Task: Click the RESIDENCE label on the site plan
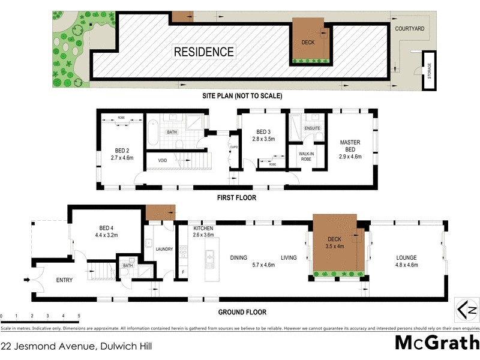(x=204, y=52)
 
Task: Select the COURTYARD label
(x=409, y=28)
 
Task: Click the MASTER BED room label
(x=350, y=146)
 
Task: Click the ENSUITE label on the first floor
(x=313, y=128)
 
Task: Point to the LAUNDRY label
(x=164, y=249)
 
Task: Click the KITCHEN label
(x=203, y=229)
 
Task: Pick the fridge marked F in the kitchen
(x=183, y=272)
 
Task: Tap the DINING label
(x=238, y=258)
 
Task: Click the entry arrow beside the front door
(x=26, y=278)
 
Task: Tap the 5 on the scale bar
(x=79, y=316)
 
